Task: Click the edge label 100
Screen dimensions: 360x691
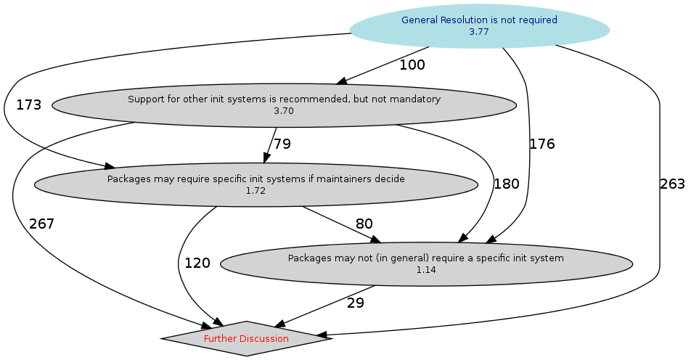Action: (x=412, y=65)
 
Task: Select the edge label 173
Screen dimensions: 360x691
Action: (x=28, y=105)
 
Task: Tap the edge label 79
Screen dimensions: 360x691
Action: (x=282, y=144)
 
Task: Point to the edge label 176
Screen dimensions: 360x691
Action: (x=541, y=144)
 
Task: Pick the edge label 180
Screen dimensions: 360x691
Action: (x=507, y=184)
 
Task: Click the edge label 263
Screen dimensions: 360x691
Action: (x=672, y=184)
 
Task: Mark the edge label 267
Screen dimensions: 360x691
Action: (x=41, y=224)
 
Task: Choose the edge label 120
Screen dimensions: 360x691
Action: (x=197, y=263)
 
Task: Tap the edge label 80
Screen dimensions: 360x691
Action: (x=364, y=224)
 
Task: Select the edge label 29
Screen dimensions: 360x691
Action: (x=356, y=303)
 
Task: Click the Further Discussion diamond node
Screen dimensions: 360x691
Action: (x=246, y=338)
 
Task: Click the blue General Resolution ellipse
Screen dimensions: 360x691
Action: (x=479, y=25)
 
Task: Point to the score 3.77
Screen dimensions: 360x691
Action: (x=479, y=31)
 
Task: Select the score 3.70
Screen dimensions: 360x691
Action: (x=284, y=111)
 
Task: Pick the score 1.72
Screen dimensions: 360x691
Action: (x=255, y=191)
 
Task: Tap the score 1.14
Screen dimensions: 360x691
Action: (x=426, y=269)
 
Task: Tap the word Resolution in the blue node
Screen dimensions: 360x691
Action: (x=462, y=20)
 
